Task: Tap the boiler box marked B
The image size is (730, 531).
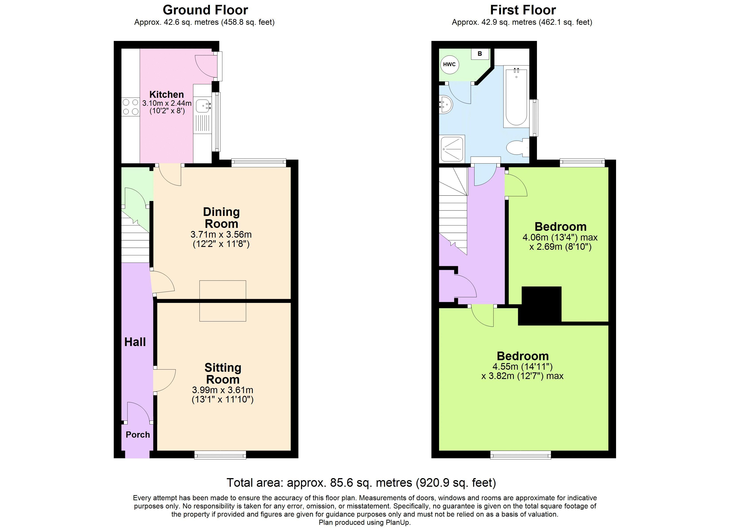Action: (x=480, y=54)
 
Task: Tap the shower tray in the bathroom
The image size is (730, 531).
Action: (x=452, y=149)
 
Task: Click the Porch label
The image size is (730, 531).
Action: (x=138, y=435)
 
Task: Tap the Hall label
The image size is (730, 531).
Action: (x=135, y=342)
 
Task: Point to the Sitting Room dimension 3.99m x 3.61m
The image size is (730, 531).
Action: (x=223, y=390)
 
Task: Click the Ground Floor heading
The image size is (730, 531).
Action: (x=205, y=10)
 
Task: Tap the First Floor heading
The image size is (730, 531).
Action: (x=523, y=10)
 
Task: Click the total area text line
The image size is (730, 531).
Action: (x=361, y=483)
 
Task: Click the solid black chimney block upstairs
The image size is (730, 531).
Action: (x=540, y=306)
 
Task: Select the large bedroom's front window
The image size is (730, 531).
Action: (x=521, y=454)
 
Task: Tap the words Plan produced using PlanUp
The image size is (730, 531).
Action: (x=365, y=522)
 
